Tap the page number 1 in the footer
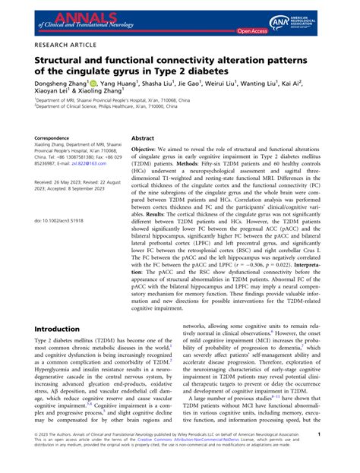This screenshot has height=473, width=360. [x=341, y=455]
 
